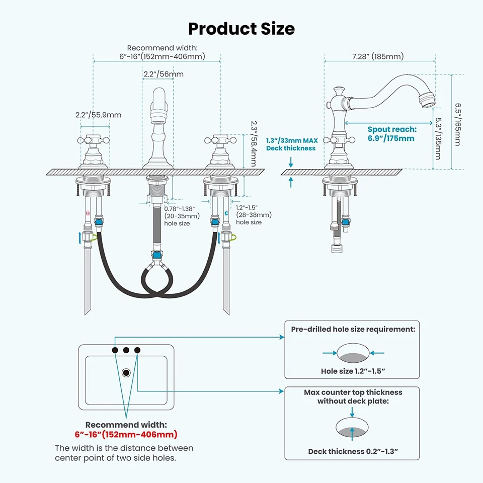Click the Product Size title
(241, 28)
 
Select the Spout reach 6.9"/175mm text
(391, 134)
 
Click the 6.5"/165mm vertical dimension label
(457, 124)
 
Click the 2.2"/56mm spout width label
(163, 74)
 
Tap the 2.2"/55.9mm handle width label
(98, 115)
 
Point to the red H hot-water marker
(88, 213)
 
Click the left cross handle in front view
(94, 138)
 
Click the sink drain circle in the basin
(126, 372)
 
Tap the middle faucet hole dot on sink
(126, 350)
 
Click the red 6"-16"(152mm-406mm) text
(126, 434)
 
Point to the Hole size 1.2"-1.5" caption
(353, 371)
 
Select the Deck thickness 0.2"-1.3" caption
(353, 451)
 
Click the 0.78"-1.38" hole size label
(182, 215)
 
